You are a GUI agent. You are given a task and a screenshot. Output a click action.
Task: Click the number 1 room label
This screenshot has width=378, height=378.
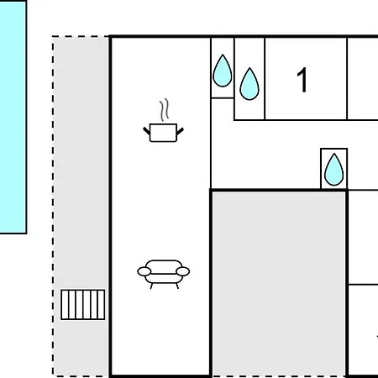click(302, 80)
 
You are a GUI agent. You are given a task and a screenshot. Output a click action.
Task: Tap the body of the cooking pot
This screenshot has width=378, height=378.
click(163, 133)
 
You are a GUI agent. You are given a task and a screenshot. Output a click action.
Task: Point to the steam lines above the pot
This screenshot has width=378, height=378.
click(165, 109)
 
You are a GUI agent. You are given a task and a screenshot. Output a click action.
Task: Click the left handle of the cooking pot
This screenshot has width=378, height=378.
click(147, 130)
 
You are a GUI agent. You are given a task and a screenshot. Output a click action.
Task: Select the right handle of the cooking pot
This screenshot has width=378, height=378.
click(180, 131)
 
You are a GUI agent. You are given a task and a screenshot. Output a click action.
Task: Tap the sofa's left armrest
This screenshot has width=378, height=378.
click(144, 271)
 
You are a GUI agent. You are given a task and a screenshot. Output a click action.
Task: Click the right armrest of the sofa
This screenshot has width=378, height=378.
click(183, 271)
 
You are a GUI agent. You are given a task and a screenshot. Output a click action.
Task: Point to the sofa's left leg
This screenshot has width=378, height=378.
click(151, 286)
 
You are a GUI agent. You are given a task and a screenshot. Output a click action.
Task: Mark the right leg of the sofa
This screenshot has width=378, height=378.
click(177, 286)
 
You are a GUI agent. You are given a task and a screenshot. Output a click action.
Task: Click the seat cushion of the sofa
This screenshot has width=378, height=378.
click(164, 279)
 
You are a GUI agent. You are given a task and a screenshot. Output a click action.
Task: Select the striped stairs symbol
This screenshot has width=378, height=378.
click(83, 305)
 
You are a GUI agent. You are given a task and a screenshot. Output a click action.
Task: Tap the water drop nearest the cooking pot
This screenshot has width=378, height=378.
click(223, 71)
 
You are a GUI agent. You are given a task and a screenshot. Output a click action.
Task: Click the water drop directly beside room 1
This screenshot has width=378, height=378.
click(249, 84)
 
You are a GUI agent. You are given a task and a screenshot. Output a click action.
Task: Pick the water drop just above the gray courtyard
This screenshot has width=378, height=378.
click(333, 170)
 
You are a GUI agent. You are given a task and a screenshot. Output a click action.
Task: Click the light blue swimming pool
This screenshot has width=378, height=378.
click(13, 117)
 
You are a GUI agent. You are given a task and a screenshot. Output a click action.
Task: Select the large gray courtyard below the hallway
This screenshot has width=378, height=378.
click(279, 284)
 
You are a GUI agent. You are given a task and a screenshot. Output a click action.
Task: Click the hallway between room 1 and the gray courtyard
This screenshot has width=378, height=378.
click(266, 155)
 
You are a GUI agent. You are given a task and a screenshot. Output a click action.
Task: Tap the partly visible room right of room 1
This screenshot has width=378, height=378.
click(363, 78)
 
